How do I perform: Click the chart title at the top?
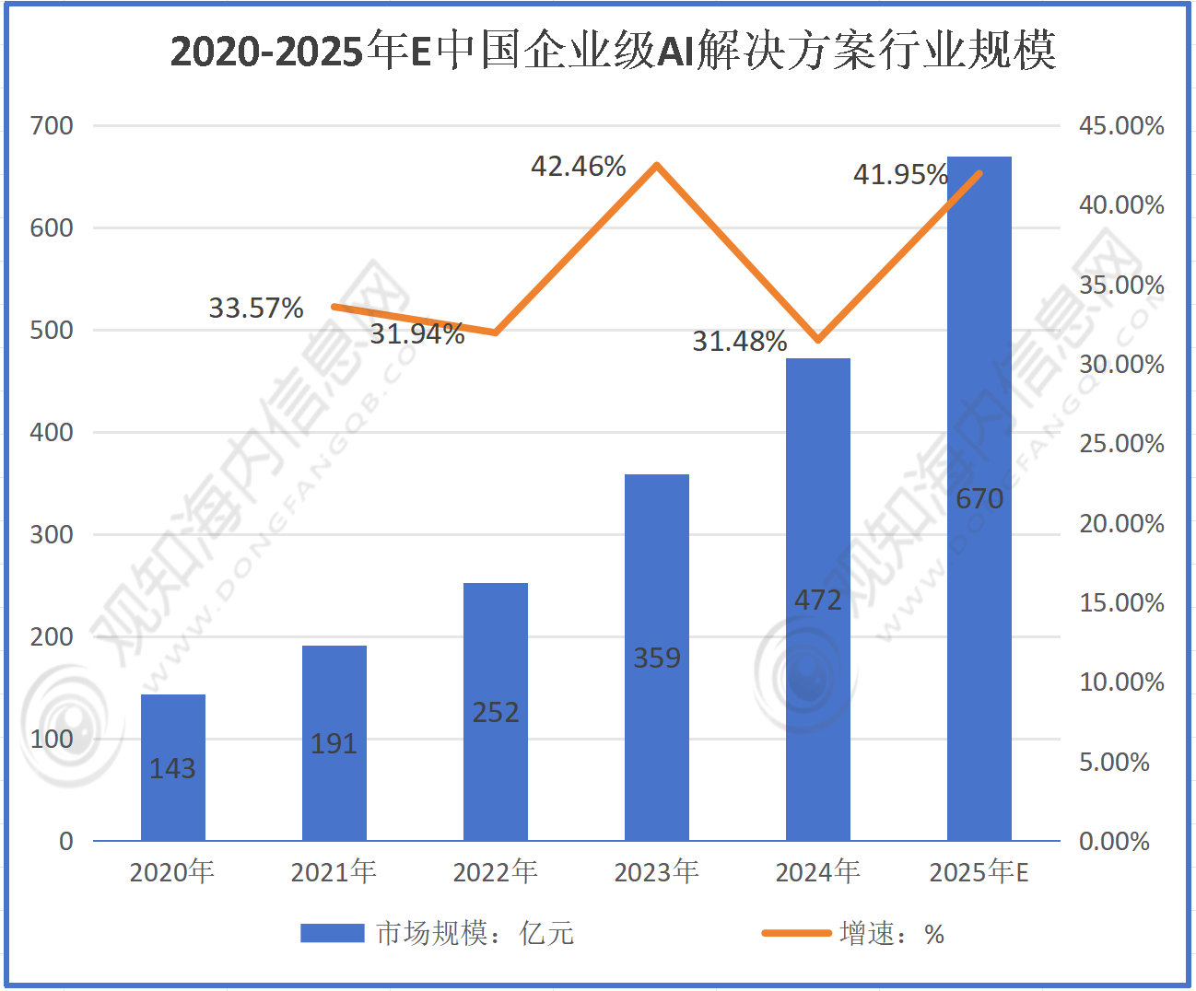613,51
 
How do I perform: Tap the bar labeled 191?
334,742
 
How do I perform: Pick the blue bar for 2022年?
496,711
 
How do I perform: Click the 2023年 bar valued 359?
657,657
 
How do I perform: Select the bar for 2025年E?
979,497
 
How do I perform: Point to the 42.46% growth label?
579,167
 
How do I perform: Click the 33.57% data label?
256,308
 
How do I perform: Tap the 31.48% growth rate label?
740,342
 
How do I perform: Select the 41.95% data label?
900,174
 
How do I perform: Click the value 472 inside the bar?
818,600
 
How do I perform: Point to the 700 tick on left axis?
52,126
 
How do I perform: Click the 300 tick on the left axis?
52,535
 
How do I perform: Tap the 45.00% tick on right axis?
1121,126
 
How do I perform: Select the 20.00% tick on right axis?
1121,524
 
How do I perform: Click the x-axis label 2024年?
818,871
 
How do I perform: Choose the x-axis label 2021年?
334,871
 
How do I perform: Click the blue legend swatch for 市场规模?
333,934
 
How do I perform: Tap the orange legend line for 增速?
796,934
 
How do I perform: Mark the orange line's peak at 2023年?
657,166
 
